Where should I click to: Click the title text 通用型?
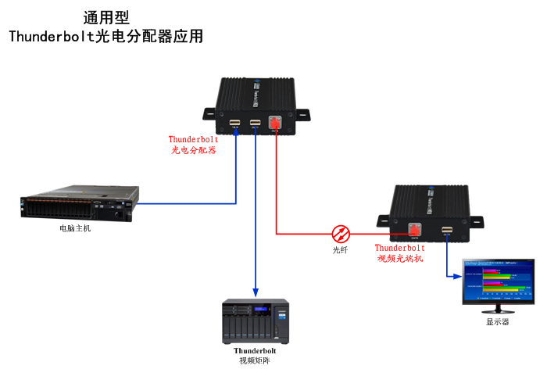point(106,17)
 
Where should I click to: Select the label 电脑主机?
point(75,228)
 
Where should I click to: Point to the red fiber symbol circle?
point(341,233)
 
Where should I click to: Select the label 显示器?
point(498,321)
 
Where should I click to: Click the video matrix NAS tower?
point(256,321)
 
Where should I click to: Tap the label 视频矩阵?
point(255,360)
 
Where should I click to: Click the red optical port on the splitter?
point(275,123)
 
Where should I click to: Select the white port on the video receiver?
point(446,230)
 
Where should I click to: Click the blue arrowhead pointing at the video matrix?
point(256,292)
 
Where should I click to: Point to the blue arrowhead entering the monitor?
point(457,276)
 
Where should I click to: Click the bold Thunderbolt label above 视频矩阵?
point(255,350)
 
